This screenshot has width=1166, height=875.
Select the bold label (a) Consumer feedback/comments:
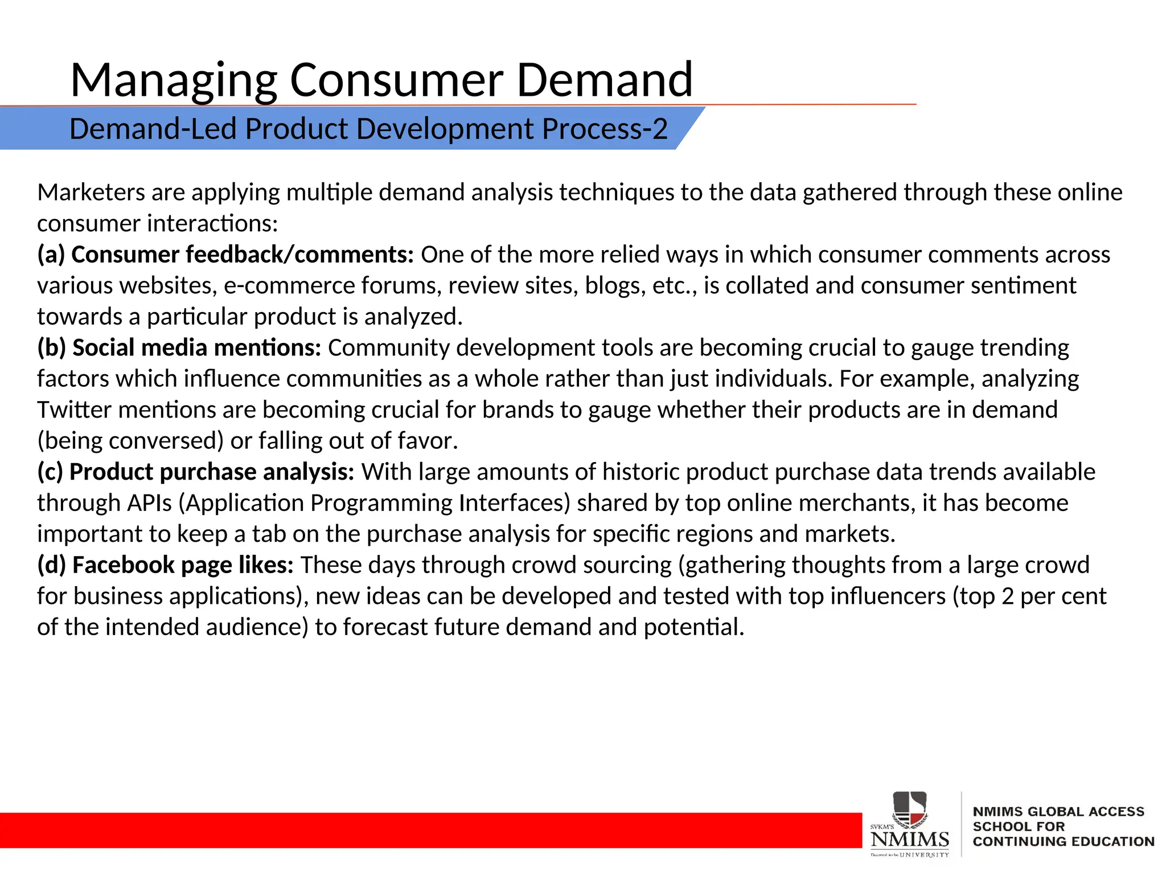click(225, 255)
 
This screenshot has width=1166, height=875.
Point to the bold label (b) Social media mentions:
click(179, 347)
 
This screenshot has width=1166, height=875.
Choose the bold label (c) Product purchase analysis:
click(196, 472)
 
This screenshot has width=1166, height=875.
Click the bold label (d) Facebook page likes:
click(165, 565)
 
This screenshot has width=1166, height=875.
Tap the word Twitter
click(74, 410)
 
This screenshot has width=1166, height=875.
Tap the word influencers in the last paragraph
click(888, 596)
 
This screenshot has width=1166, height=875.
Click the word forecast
click(385, 627)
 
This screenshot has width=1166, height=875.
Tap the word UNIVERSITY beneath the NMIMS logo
click(924, 854)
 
